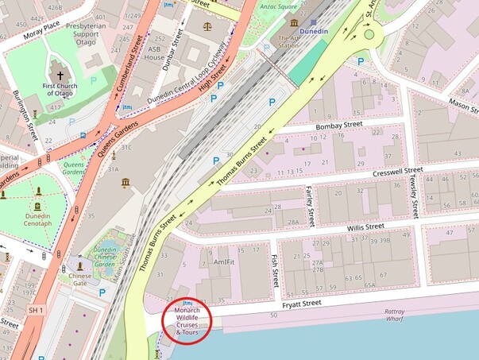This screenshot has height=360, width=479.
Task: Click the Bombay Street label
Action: coord(338,126)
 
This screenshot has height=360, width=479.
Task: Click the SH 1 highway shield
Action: coord(35,309)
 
